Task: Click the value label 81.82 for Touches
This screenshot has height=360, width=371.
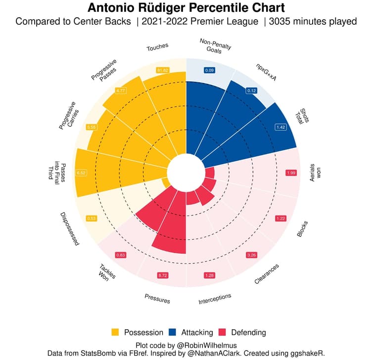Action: [x=162, y=70]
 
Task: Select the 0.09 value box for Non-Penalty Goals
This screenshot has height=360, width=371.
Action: [x=209, y=70]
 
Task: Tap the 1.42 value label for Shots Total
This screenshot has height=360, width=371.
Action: [x=281, y=127]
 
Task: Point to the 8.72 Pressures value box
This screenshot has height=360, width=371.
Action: [x=162, y=275]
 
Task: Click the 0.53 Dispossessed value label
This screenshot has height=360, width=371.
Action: [x=91, y=218]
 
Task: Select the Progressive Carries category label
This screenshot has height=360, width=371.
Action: [x=67, y=116]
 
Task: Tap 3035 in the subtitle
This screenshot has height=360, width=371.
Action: [x=282, y=22]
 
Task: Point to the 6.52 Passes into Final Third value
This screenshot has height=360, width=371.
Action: [x=82, y=172]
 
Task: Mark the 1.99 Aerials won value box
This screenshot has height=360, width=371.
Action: [x=290, y=172]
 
